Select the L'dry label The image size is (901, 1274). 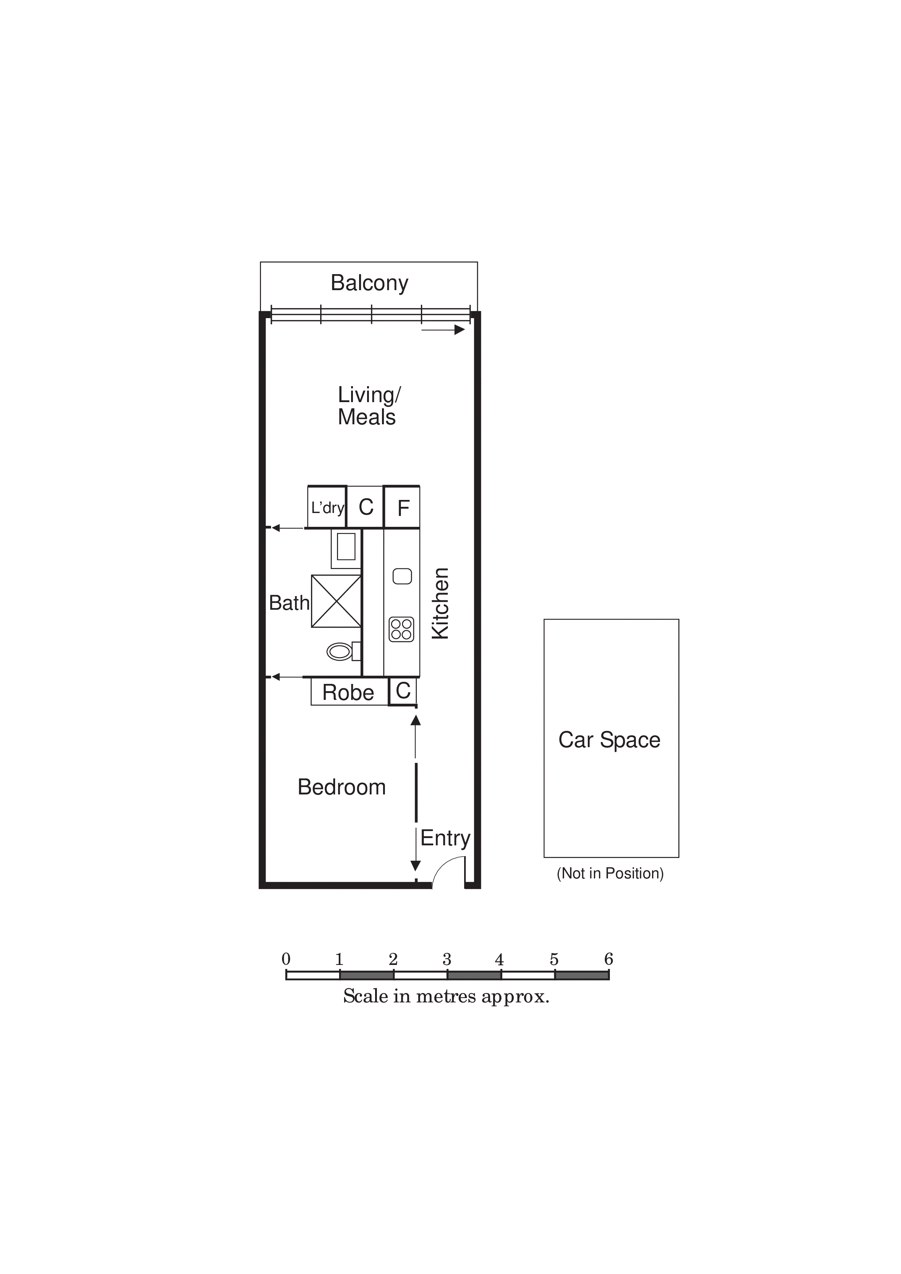tap(327, 507)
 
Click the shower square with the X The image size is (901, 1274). tap(336, 601)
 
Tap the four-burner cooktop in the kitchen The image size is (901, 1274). tap(401, 629)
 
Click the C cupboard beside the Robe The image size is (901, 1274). tap(403, 691)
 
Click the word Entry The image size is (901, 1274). tap(445, 838)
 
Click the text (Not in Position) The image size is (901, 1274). tap(610, 873)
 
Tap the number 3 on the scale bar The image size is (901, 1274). tap(447, 959)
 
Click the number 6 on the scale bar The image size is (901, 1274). tap(609, 959)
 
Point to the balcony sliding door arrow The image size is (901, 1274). tap(443, 330)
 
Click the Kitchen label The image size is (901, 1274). tap(440, 603)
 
